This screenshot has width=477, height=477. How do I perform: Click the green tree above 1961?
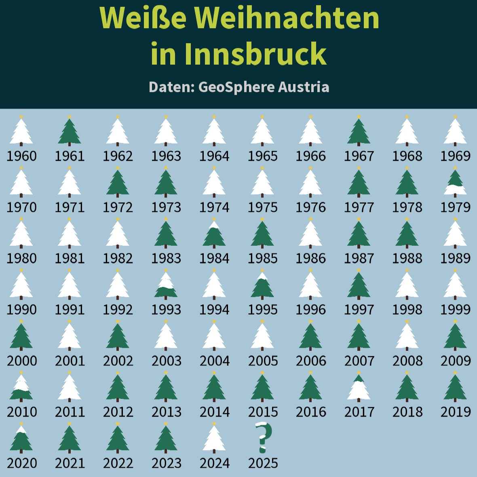(70, 131)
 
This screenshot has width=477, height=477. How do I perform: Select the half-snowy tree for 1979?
(455, 183)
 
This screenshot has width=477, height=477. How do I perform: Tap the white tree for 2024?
(214, 438)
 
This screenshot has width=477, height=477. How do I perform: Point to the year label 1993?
(166, 310)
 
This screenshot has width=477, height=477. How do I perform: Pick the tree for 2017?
(359, 387)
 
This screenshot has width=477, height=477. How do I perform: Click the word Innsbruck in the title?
(238, 54)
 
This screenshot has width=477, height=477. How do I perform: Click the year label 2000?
(22, 361)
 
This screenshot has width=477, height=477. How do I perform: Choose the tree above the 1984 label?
(214, 234)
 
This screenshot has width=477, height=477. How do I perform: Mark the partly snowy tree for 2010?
(21, 387)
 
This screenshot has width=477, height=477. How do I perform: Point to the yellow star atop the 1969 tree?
(455, 116)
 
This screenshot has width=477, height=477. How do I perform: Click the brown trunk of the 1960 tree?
(21, 144)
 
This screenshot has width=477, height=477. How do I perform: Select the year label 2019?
(456, 412)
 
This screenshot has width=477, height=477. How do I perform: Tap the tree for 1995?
(262, 285)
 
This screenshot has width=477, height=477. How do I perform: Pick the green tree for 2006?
(310, 336)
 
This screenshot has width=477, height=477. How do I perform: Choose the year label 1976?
(310, 207)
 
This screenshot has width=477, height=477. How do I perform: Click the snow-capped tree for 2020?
(21, 438)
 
